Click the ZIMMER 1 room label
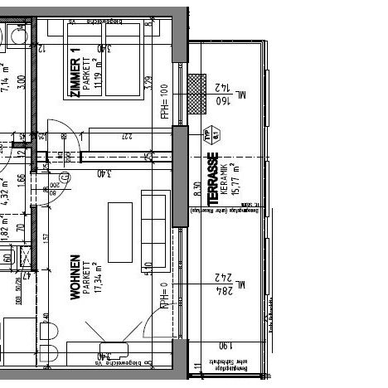[x=75, y=73]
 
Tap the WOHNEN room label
[x=76, y=276]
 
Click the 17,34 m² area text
[x=97, y=276]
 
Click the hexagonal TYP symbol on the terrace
[x=206, y=134]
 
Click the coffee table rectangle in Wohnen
[x=121, y=230]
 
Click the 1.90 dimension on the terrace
[x=224, y=346]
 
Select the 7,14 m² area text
[x=4, y=77]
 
